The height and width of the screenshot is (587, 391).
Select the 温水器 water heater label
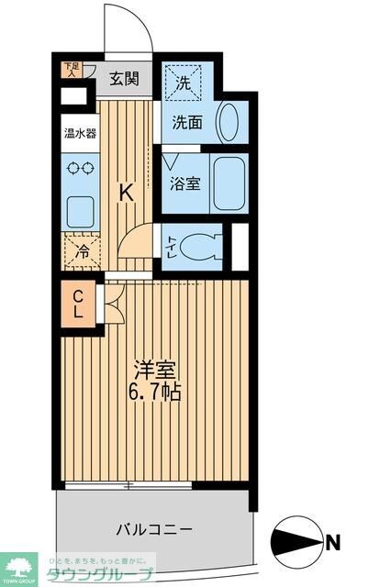79,132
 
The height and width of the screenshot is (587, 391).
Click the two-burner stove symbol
79,169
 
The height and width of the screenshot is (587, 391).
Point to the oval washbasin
229,121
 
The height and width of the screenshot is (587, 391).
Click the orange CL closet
79,305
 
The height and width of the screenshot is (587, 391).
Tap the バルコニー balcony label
153,529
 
